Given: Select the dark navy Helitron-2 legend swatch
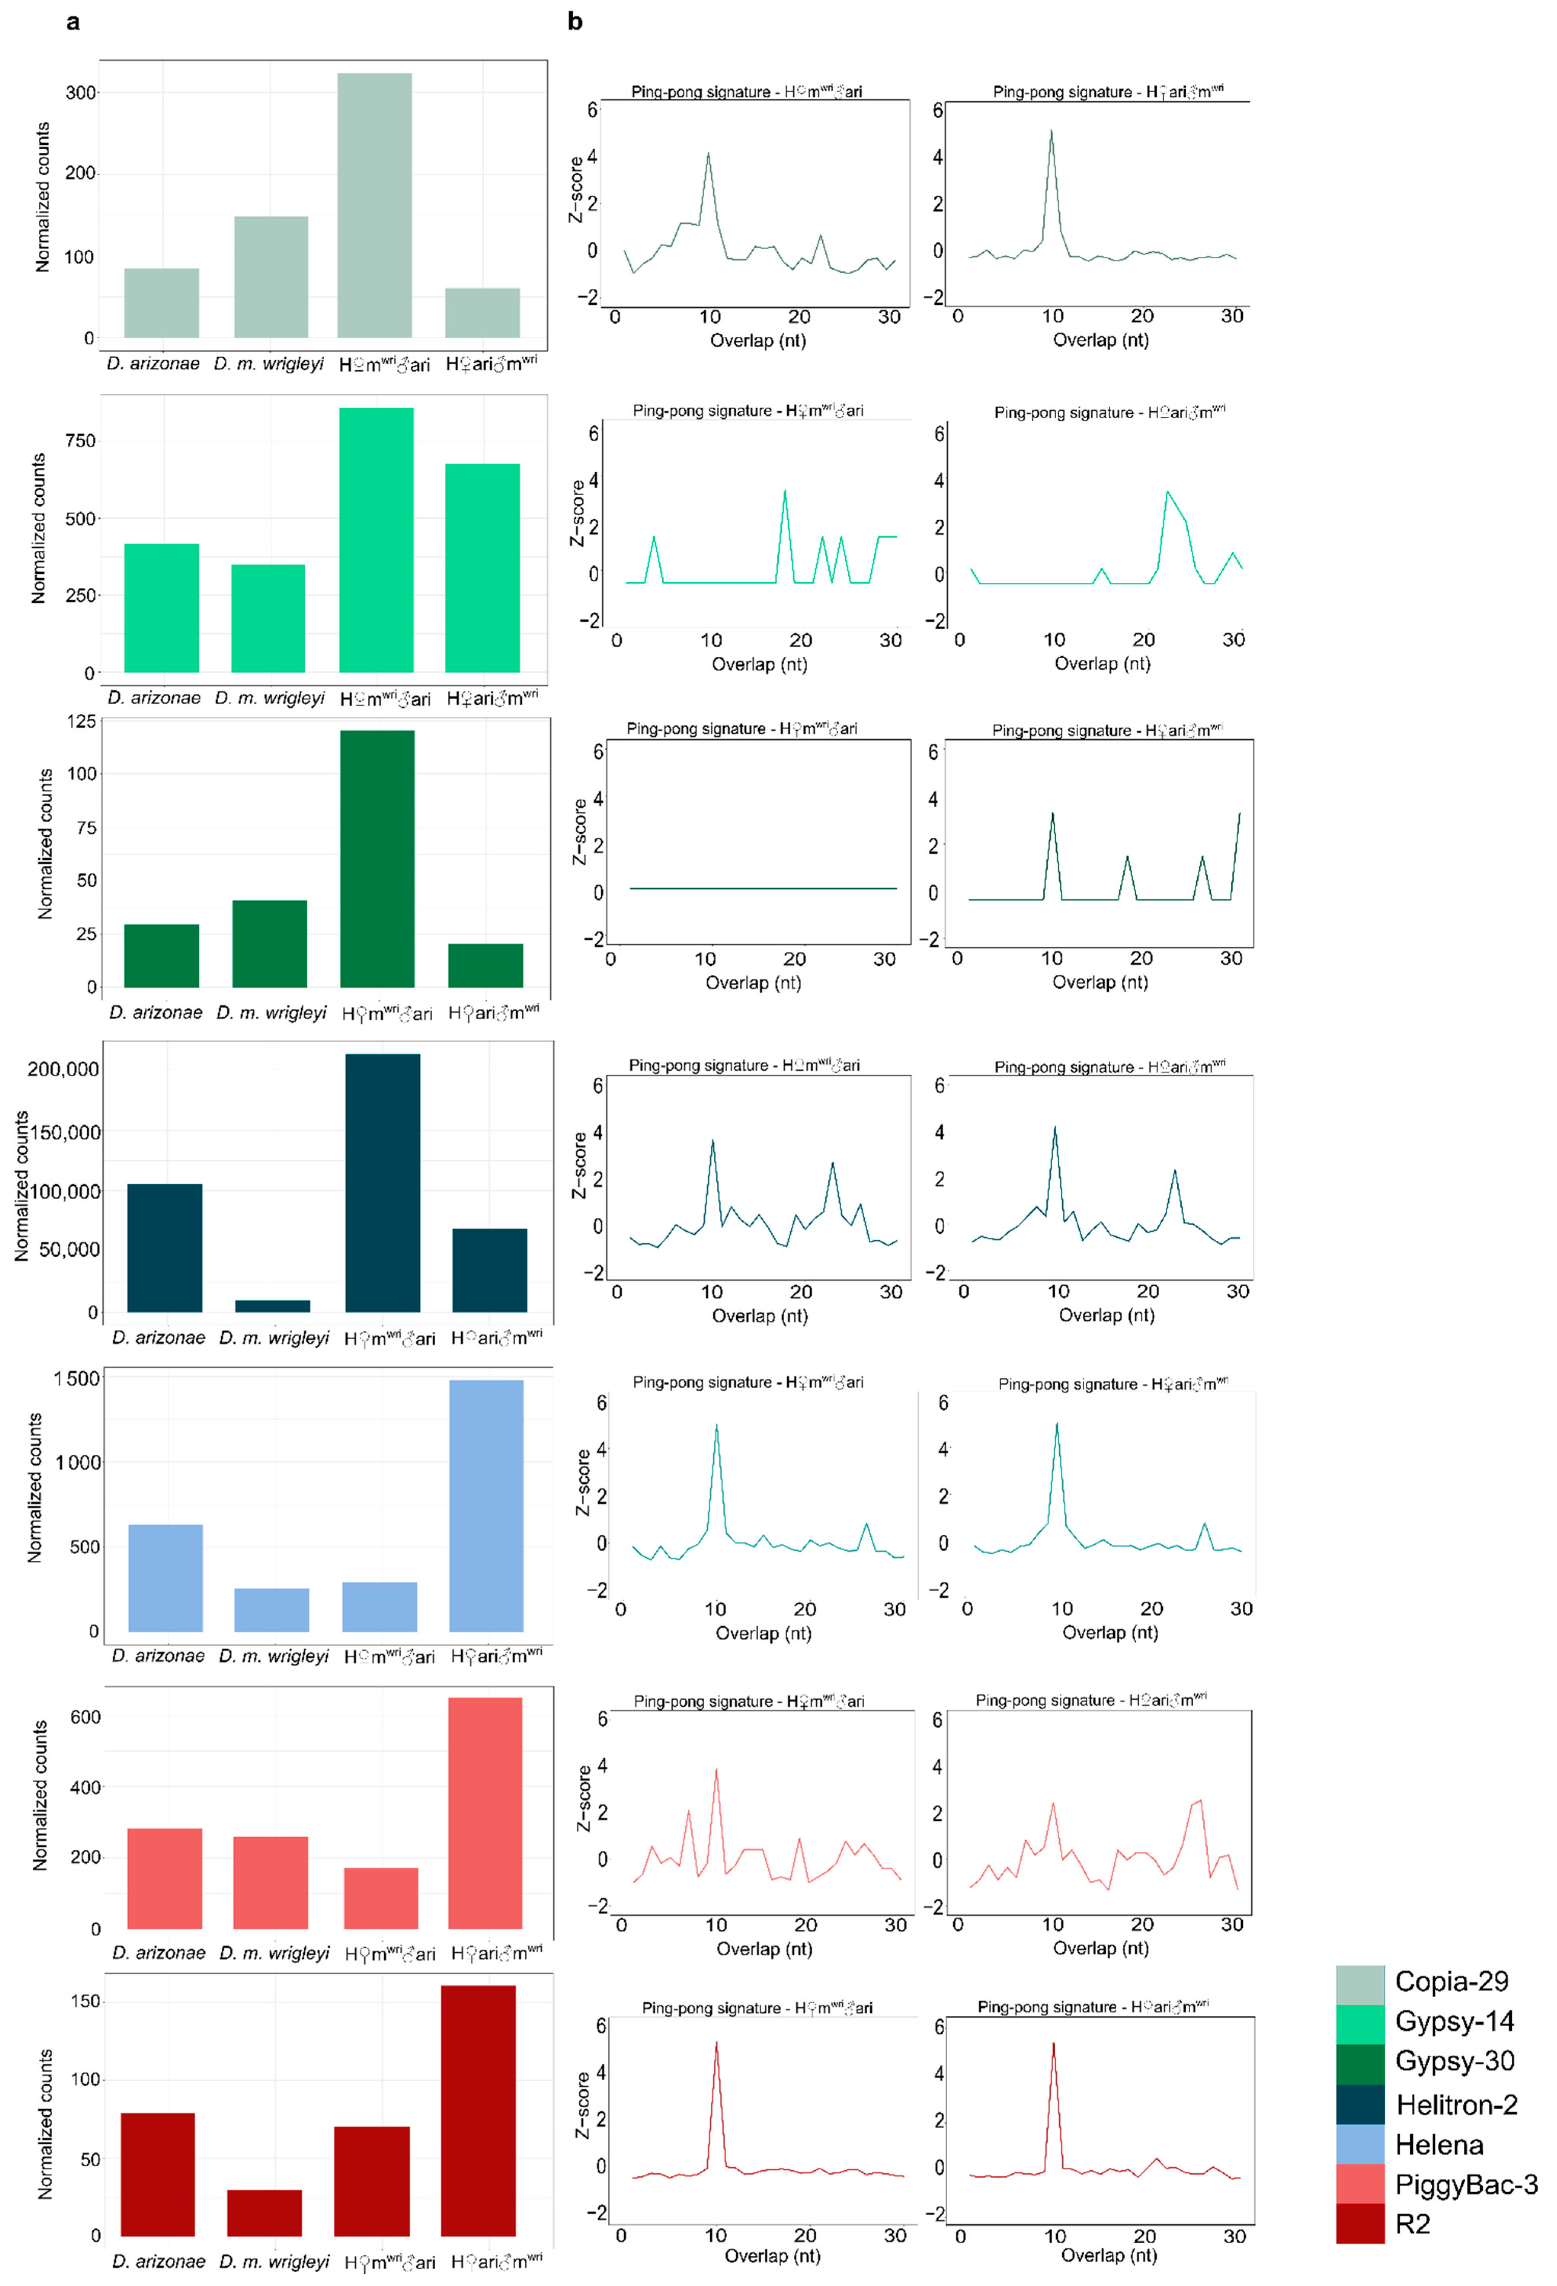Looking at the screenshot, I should click(1359, 2104).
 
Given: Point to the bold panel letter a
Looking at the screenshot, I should click(73, 22).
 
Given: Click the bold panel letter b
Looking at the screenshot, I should click(575, 22).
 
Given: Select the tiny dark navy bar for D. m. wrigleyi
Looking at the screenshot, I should click(272, 1306).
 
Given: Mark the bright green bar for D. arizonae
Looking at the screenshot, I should click(161, 608).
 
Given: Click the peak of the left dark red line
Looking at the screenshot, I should click(716, 2043).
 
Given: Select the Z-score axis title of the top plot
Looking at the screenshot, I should click(576, 190).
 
